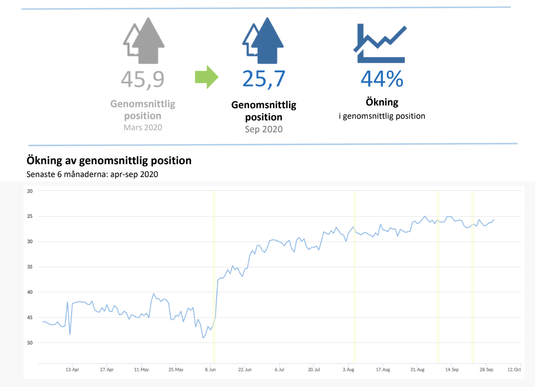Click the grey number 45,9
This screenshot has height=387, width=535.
pyautogui.click(x=143, y=79)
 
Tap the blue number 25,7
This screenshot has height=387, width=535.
pyautogui.click(x=263, y=78)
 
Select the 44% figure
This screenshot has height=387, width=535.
pyautogui.click(x=382, y=78)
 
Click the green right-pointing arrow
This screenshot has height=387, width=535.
pyautogui.click(x=206, y=77)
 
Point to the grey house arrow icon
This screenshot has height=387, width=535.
pyautogui.click(x=144, y=41)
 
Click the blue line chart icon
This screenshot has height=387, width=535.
pyautogui.click(x=380, y=44)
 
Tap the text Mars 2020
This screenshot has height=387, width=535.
pyautogui.click(x=143, y=127)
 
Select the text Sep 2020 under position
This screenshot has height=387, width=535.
pyautogui.click(x=263, y=129)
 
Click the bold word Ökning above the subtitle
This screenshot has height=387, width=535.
pyautogui.click(x=382, y=102)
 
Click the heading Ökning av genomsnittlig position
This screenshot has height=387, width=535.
pyautogui.click(x=109, y=160)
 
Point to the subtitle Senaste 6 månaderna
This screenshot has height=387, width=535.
pyautogui.click(x=92, y=174)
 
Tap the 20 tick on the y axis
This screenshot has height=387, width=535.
pyautogui.click(x=30, y=191)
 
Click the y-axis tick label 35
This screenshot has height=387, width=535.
pyautogui.click(x=30, y=267)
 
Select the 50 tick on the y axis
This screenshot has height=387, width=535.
pyautogui.click(x=30, y=343)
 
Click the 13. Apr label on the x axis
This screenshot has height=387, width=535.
pyautogui.click(x=72, y=370)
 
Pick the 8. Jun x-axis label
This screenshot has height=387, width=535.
pyautogui.click(x=210, y=370)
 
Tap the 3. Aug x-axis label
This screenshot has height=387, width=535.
pyautogui.click(x=348, y=370)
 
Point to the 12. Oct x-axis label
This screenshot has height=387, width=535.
pyautogui.click(x=514, y=370)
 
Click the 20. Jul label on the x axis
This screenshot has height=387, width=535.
pyautogui.click(x=314, y=370)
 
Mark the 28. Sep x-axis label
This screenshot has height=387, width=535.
pyautogui.click(x=486, y=370)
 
